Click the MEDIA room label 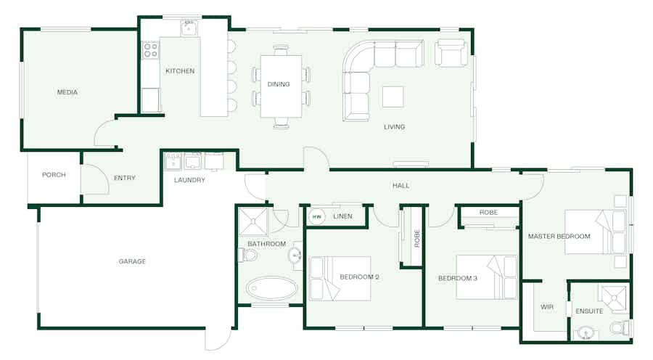(67, 92)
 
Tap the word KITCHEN (180, 71)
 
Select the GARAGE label (132, 261)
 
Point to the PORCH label (54, 175)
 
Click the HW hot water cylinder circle (317, 217)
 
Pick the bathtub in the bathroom (271, 288)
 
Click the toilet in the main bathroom (247, 255)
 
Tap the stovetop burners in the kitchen (150, 50)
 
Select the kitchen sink (189, 29)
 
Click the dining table (281, 86)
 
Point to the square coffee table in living (393, 97)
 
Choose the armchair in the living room (451, 53)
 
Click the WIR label (547, 307)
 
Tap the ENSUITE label (589, 311)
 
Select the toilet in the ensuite (621, 327)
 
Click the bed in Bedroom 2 (340, 278)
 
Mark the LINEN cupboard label (342, 216)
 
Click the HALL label (401, 185)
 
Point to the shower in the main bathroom (253, 221)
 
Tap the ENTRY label (125, 178)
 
